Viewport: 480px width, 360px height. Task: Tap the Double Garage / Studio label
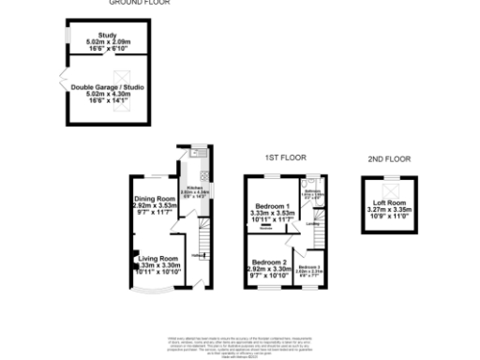tap(97, 93)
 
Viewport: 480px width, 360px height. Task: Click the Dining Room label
tap(155, 205)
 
